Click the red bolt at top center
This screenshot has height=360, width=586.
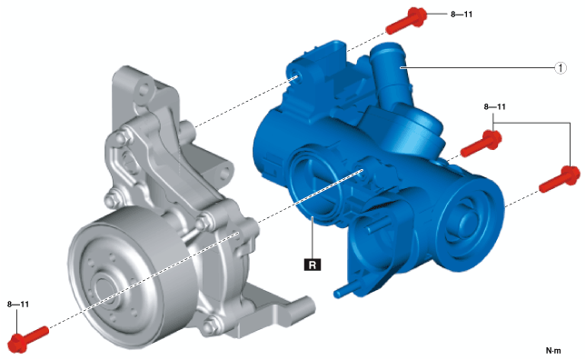[406, 20]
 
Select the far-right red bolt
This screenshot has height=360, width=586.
[561, 180]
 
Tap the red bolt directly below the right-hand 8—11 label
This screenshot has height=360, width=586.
[482, 144]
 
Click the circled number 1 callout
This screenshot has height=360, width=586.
[561, 68]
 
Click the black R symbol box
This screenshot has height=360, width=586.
[313, 265]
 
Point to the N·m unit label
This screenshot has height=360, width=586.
[553, 350]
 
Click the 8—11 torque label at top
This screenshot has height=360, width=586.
[462, 15]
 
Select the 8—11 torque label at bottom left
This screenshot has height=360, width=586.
[18, 305]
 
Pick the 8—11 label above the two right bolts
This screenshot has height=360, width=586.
[495, 107]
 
